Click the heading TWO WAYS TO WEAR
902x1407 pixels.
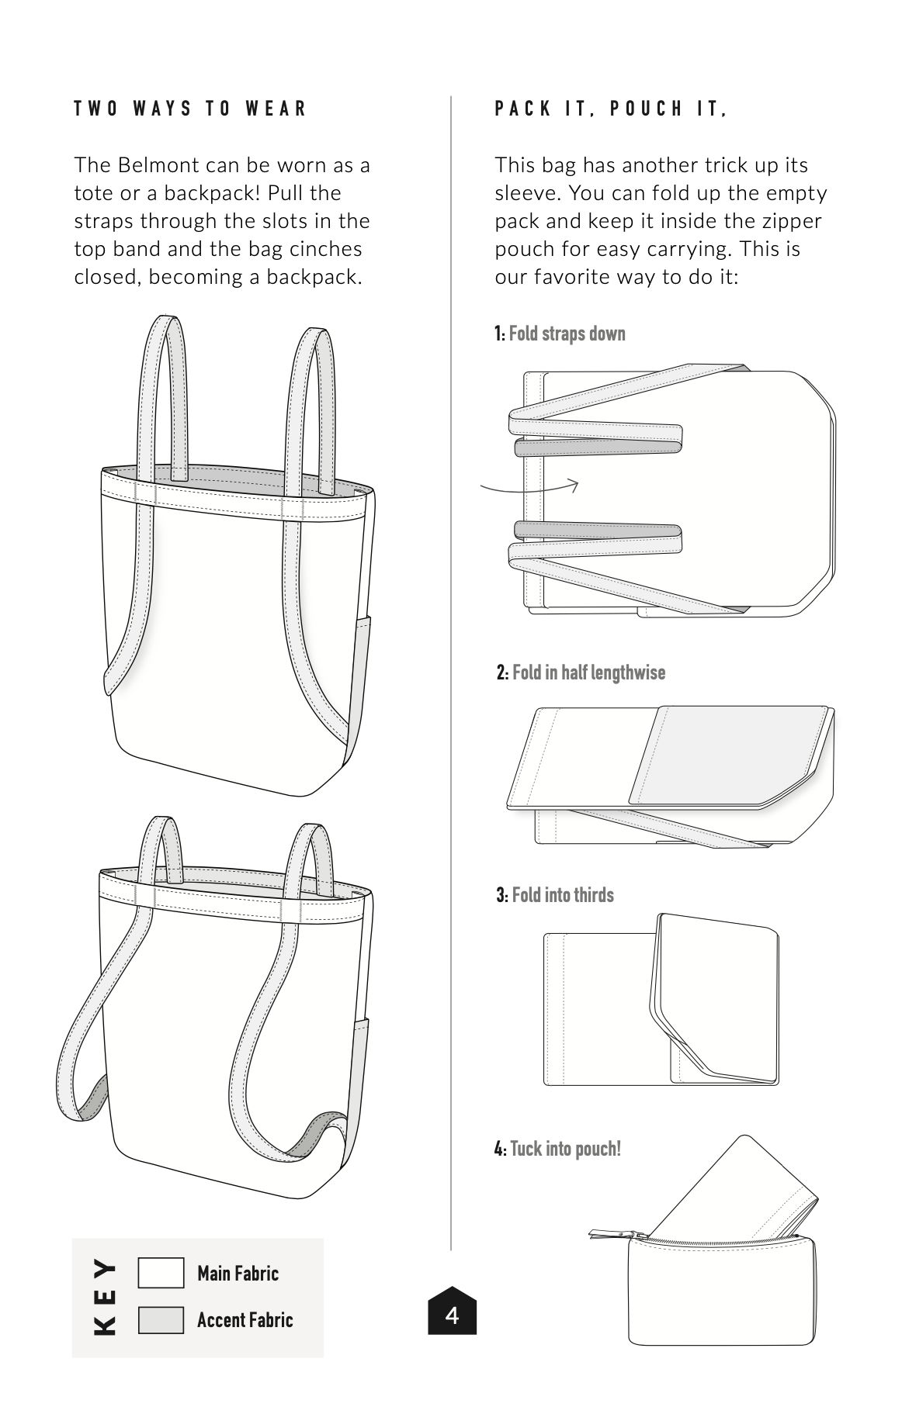tap(190, 109)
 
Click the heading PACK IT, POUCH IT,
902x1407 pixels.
tap(611, 109)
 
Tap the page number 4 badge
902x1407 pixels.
tap(452, 1310)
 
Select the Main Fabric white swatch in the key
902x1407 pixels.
tap(161, 1273)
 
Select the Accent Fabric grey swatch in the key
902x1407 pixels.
tap(161, 1319)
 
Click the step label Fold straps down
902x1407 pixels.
tap(567, 334)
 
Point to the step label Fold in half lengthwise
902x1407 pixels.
tap(588, 672)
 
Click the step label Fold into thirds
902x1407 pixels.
tap(563, 894)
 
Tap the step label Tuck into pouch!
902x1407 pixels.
tap(565, 1148)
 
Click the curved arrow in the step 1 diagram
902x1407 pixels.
tap(530, 488)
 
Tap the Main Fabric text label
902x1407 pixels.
tap(238, 1273)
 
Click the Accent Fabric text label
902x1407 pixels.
tap(245, 1319)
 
